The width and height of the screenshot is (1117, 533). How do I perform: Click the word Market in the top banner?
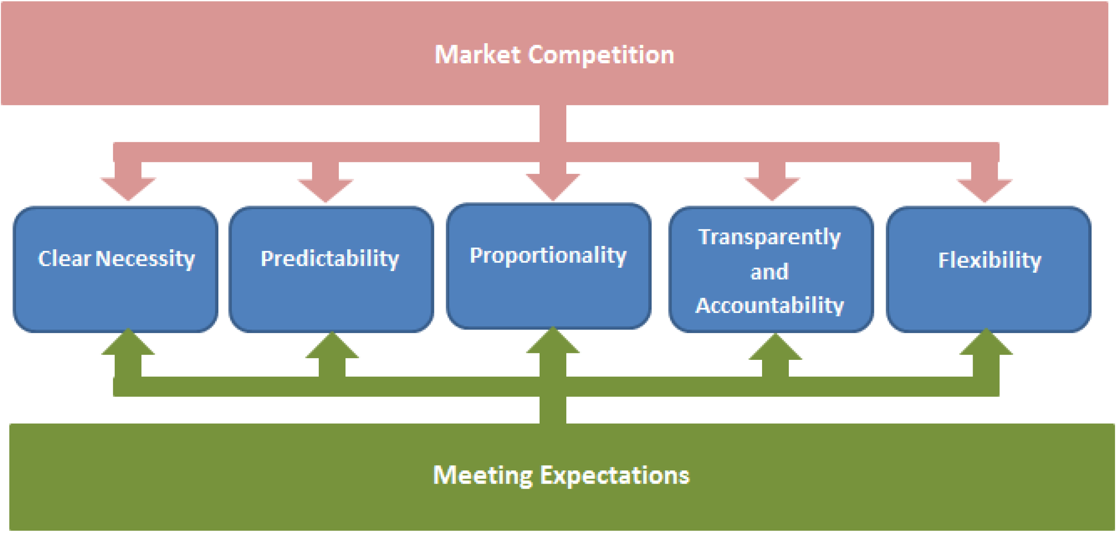pos(477,55)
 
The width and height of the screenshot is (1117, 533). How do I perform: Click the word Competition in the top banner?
pos(601,55)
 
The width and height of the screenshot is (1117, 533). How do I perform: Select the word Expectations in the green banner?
pos(614,475)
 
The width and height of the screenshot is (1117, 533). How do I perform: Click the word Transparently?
pos(769,237)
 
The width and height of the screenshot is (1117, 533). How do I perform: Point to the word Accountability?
pos(769,306)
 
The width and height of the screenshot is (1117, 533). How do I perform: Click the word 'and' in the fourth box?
pos(769,272)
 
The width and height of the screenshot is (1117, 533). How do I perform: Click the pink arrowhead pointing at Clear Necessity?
pos(128,188)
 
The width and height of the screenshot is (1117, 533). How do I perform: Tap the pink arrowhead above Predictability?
pos(325,190)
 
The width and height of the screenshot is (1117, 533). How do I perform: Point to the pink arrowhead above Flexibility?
pos(984,190)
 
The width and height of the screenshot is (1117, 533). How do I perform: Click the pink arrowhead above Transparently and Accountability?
pos(772,188)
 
